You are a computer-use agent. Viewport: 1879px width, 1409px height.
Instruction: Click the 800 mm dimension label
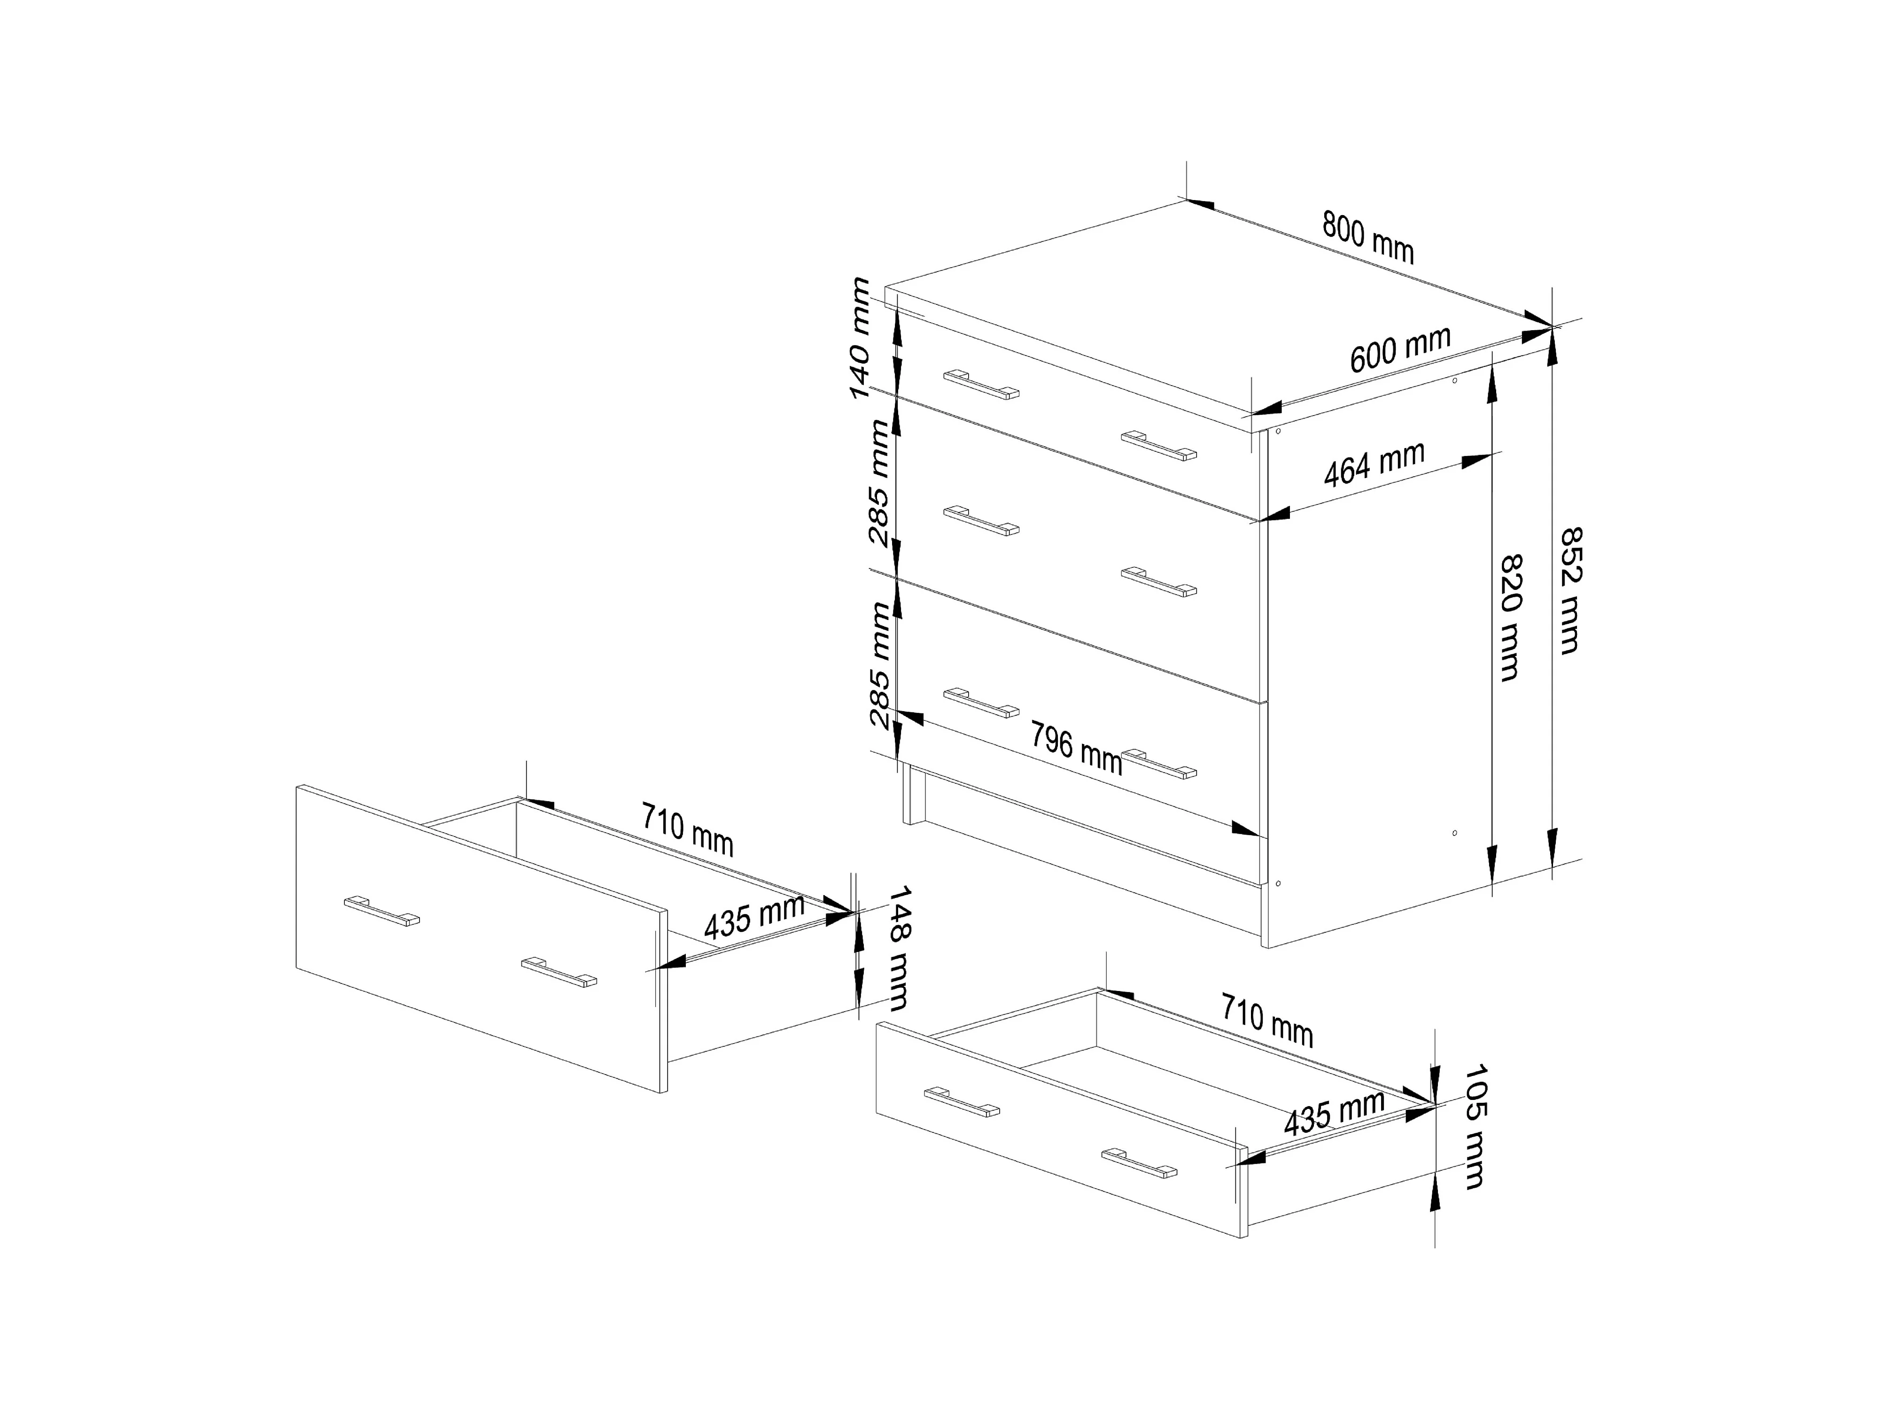tap(1367, 238)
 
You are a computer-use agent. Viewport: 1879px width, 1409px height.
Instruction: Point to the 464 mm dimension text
tap(1374, 465)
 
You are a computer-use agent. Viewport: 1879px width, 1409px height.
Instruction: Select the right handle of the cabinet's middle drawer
tap(1159, 582)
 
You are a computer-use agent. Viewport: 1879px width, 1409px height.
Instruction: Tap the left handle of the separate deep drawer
tap(381, 911)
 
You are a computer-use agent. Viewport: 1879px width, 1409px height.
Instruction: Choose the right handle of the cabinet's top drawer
tap(1159, 446)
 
